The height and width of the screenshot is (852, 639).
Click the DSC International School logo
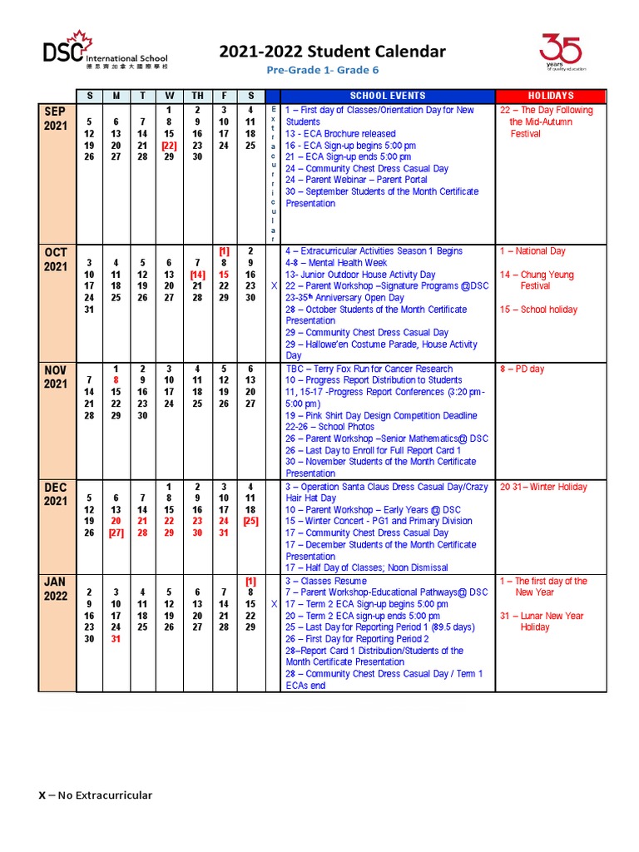pyautogui.click(x=108, y=51)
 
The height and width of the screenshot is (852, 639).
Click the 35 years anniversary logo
pyautogui.click(x=561, y=52)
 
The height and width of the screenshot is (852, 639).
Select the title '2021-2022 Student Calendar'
pyautogui.click(x=332, y=52)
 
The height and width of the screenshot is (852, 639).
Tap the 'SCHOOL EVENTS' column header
pyautogui.click(x=387, y=96)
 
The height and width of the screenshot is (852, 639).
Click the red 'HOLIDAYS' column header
pyautogui.click(x=551, y=96)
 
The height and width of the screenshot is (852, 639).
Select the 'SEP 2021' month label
pyautogui.click(x=57, y=119)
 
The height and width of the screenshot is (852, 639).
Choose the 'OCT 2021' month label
pyautogui.click(x=57, y=259)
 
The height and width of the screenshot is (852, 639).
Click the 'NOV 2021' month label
pyautogui.click(x=57, y=377)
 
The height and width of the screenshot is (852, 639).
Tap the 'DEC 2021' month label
pyautogui.click(x=57, y=494)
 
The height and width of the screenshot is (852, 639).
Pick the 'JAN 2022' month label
pyautogui.click(x=57, y=589)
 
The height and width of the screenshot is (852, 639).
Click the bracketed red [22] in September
pyautogui.click(x=169, y=145)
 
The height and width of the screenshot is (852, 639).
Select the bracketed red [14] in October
pyautogui.click(x=197, y=275)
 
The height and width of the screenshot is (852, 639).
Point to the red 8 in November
pyautogui.click(x=116, y=380)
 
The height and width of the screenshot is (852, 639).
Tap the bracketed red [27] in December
pyautogui.click(x=116, y=533)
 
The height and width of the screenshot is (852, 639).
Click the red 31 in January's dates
pyautogui.click(x=116, y=639)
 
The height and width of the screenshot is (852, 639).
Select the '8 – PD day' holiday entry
pyautogui.click(x=522, y=369)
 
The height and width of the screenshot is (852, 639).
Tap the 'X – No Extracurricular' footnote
pyautogui.click(x=96, y=795)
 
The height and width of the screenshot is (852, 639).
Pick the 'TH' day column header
pyautogui.click(x=197, y=96)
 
